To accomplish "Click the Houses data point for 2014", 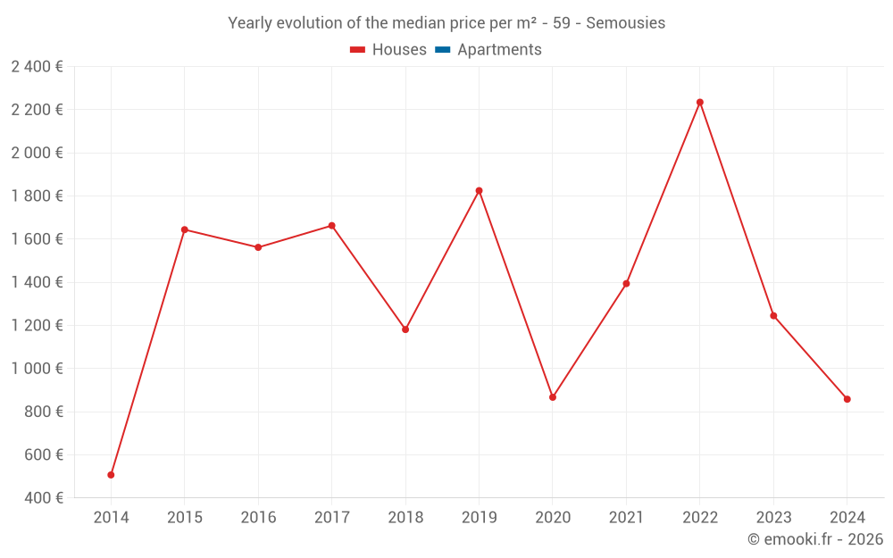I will (111, 475).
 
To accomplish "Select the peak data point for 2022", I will (700, 102).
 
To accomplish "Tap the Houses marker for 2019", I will (479, 190).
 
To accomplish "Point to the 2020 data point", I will (553, 397).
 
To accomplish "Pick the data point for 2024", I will (847, 399).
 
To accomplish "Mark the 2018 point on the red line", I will (405, 329).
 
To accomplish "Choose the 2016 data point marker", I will (258, 247).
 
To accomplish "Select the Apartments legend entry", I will (499, 50).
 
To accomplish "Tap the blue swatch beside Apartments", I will (443, 50).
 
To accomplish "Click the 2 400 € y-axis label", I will (37, 66).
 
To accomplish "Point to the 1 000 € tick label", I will (37, 369).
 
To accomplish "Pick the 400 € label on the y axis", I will (43, 498).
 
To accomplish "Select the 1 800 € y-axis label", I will (37, 196).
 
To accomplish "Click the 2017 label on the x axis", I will (331, 518).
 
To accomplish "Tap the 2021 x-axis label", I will (626, 518).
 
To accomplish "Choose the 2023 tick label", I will (773, 518).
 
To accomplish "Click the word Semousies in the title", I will (625, 23).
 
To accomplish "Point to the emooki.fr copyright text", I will (815, 539).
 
